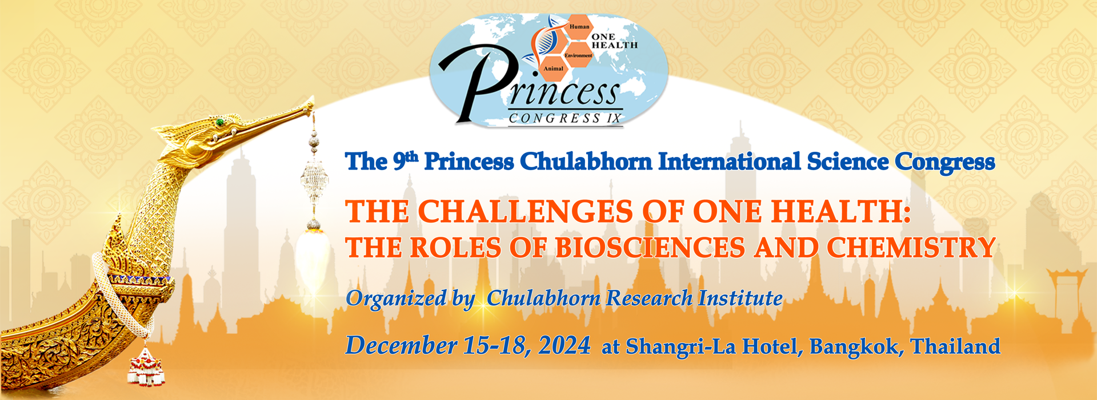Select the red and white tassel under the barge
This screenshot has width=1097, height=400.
147,368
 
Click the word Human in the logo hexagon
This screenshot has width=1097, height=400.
579,27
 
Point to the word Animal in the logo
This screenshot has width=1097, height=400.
553,68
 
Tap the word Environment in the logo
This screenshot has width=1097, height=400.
578,55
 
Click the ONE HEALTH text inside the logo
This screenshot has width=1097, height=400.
614,41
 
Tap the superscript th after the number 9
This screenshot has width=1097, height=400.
411,155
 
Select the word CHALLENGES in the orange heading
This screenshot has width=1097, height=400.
525,211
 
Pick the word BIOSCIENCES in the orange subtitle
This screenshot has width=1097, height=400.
650,248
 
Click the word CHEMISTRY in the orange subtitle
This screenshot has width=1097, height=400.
911,248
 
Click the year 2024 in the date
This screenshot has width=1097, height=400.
564,346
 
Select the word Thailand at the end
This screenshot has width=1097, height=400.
955,346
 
